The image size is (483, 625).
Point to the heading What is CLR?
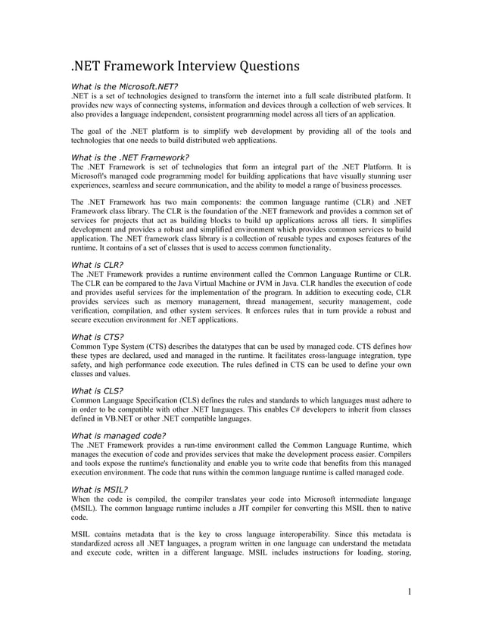click(x=96, y=264)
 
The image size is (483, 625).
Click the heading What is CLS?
click(x=97, y=390)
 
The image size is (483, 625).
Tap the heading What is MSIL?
click(x=98, y=489)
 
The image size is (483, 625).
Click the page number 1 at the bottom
click(x=409, y=591)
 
